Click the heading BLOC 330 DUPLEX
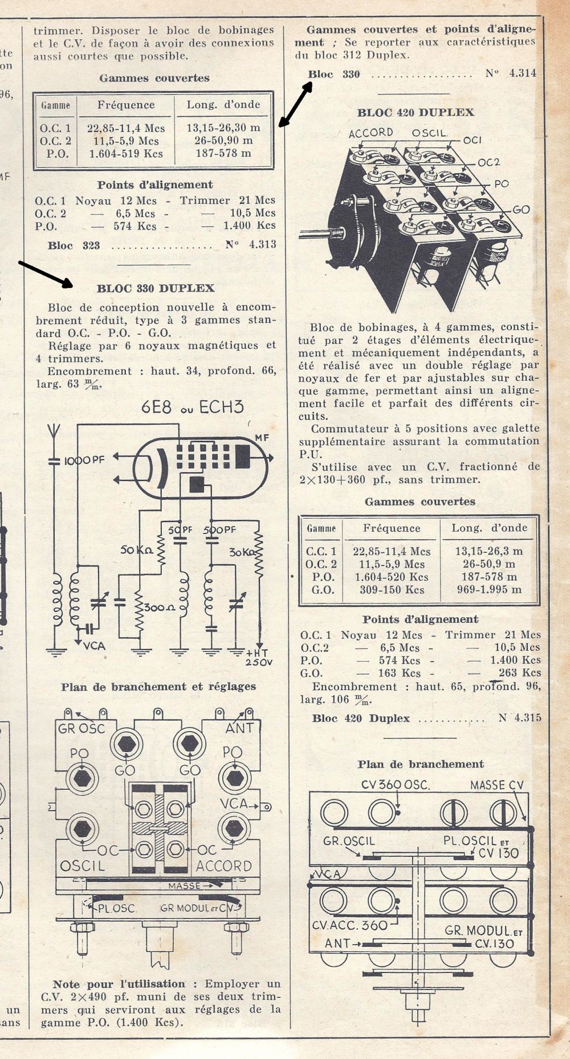click(156, 289)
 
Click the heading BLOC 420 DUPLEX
click(416, 113)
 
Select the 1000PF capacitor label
click(84, 460)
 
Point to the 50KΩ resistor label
click(136, 551)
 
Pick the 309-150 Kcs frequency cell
click(392, 590)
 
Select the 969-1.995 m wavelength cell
click(489, 590)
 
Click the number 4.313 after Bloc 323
click(259, 245)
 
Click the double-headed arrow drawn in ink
click(295, 104)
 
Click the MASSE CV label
click(496, 786)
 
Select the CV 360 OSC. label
click(396, 785)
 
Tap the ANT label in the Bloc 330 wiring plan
click(239, 728)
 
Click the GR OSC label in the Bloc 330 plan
click(82, 729)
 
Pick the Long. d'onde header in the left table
click(223, 105)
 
